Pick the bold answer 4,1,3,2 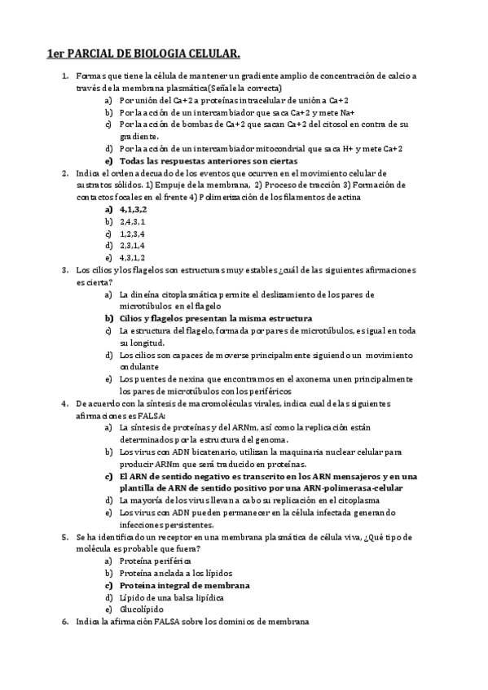click(x=133, y=209)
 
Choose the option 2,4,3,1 click(x=132, y=221)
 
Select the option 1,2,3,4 click(x=132, y=234)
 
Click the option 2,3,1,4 click(x=132, y=246)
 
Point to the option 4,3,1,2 click(x=132, y=258)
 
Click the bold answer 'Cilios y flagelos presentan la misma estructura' click(x=215, y=319)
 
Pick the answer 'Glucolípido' click(x=141, y=609)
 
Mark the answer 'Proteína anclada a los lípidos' click(x=175, y=573)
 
